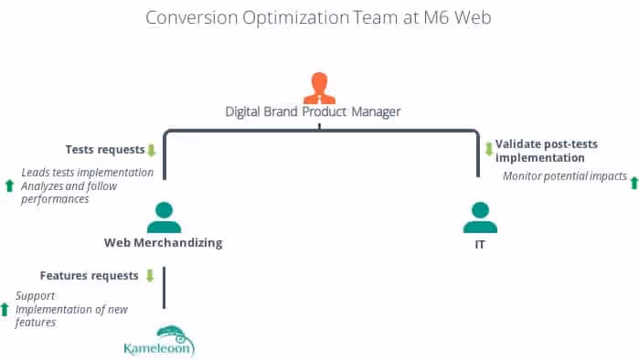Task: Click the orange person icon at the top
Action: pyautogui.click(x=319, y=87)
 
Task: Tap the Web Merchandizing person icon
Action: pyautogui.click(x=163, y=217)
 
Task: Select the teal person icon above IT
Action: pyautogui.click(x=479, y=217)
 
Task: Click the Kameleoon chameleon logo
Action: pyautogui.click(x=159, y=340)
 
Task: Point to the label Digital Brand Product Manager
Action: pyautogui.click(x=314, y=111)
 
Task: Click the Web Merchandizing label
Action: pyautogui.click(x=163, y=243)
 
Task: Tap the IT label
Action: pyautogui.click(x=479, y=244)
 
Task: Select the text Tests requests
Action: pyautogui.click(x=105, y=149)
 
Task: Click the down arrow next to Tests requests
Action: pyautogui.click(x=152, y=150)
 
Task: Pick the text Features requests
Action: pyautogui.click(x=89, y=274)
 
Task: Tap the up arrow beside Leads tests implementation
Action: pyautogui.click(x=9, y=185)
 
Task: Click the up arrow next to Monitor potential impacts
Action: pyautogui.click(x=634, y=183)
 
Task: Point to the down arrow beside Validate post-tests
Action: pyautogui.click(x=488, y=149)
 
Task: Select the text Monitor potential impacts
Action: pyautogui.click(x=565, y=175)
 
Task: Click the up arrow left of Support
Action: pyautogui.click(x=5, y=309)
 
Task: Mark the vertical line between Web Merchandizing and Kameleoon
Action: pyautogui.click(x=164, y=288)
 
